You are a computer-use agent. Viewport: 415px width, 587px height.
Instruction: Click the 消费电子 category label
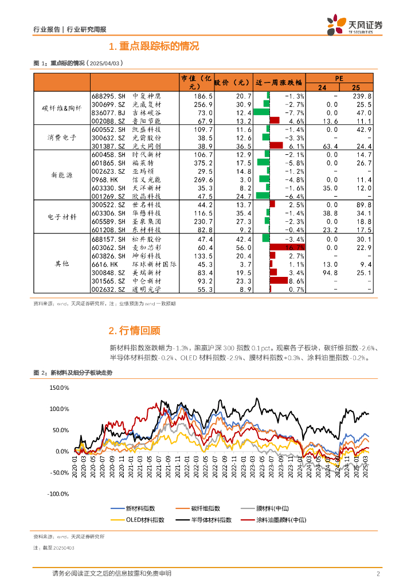coord(62,138)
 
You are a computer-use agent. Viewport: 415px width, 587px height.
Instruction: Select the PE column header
coord(339,78)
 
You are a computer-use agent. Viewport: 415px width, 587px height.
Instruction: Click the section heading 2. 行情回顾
coord(134,330)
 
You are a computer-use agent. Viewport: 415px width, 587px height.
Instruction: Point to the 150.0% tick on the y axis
coord(60,388)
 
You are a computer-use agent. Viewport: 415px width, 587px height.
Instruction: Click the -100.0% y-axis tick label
coord(58,494)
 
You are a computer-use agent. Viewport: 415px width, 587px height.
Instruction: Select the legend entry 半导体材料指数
coord(212,519)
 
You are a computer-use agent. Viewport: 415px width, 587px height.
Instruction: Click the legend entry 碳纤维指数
coord(205,508)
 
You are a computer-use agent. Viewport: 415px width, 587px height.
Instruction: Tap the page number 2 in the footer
coord(378,574)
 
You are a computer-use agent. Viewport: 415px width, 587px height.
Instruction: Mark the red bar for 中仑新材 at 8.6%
coord(279,281)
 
